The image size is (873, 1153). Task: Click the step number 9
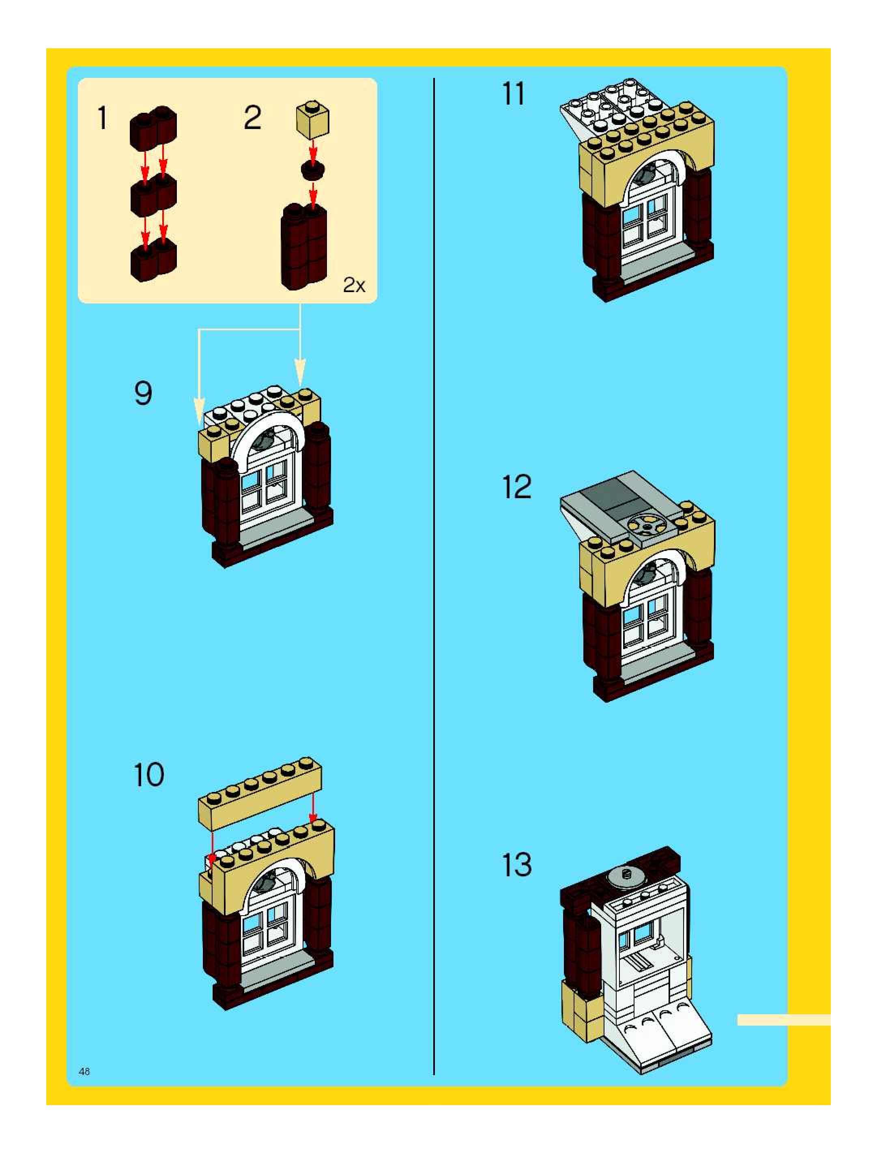point(143,394)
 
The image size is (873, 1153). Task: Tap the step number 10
point(149,775)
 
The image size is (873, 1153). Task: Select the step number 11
point(514,95)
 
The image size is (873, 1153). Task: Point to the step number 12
point(516,487)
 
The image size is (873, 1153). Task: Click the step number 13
point(516,865)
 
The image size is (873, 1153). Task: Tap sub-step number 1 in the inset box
point(103,118)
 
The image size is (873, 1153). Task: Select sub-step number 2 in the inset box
point(252,118)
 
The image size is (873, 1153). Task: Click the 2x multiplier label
point(354,285)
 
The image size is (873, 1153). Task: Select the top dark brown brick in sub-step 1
point(153,126)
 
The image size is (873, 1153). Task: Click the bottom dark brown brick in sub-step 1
point(153,260)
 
